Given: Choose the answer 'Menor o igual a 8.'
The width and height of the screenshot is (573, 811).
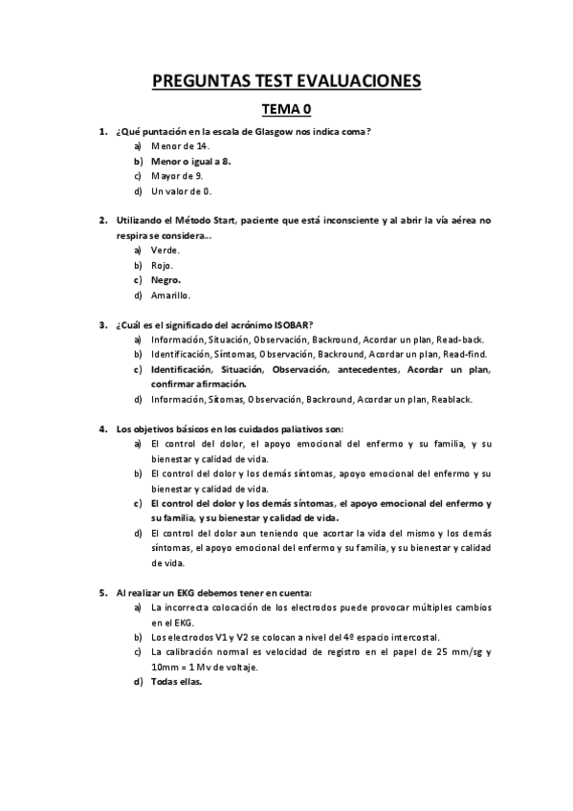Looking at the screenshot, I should pyautogui.click(x=190, y=161).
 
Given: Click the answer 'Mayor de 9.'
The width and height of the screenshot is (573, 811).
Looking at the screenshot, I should pyautogui.click(x=176, y=176).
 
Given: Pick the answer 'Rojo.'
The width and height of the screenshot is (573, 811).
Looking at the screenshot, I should pyautogui.click(x=161, y=265).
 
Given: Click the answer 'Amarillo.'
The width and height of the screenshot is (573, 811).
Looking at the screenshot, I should pyautogui.click(x=171, y=296).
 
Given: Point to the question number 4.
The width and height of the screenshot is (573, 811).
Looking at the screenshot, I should pyautogui.click(x=102, y=428).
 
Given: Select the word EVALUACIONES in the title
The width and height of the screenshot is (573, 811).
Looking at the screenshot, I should pyautogui.click(x=359, y=81).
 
